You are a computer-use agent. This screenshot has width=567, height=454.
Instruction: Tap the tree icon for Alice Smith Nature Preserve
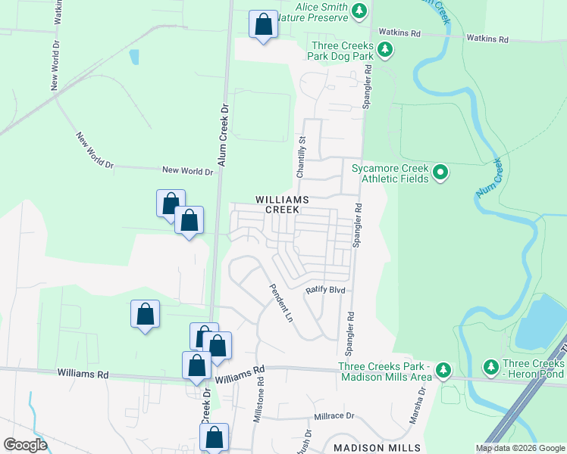360,11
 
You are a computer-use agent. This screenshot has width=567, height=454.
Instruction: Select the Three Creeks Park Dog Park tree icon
386,51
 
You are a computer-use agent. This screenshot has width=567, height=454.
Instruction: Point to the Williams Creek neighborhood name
283,204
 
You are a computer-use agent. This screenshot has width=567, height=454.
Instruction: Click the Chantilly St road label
301,157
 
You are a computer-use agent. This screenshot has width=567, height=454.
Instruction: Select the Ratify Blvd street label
325,290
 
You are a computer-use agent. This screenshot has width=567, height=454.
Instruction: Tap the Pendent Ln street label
278,302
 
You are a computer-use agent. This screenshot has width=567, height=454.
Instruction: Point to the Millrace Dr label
334,416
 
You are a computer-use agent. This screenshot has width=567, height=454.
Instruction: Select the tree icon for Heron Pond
490,367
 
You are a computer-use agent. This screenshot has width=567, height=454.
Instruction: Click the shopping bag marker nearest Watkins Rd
263,25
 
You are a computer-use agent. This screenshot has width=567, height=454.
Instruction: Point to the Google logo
25,444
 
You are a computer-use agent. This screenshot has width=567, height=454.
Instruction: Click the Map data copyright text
519,448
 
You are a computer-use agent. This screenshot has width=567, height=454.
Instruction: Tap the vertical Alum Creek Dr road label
223,136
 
